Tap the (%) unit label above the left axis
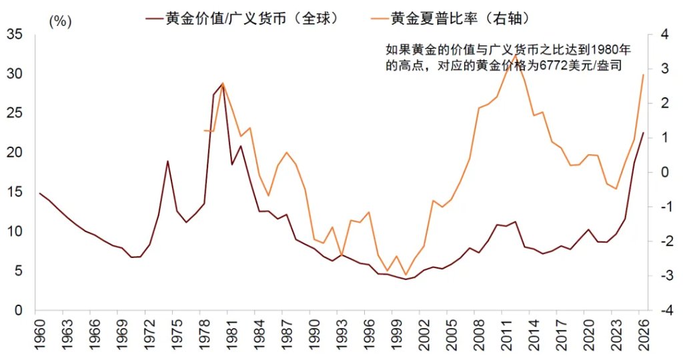click(59, 21)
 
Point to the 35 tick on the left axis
click(14, 34)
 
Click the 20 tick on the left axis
click(14, 153)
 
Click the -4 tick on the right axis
click(665, 311)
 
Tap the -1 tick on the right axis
click(665, 207)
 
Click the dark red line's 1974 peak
click(167, 161)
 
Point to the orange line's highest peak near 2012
click(514, 55)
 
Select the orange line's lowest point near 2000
click(405, 275)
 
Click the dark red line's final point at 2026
click(643, 133)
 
